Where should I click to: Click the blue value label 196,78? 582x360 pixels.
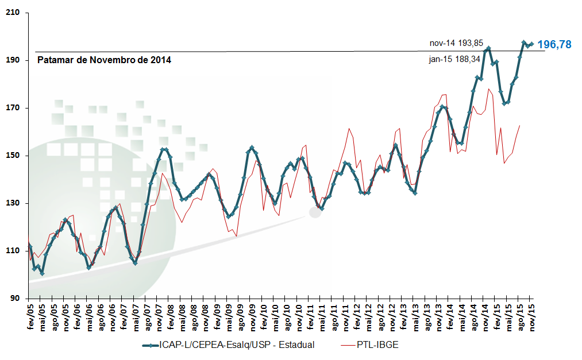pyautogui.click(x=555, y=44)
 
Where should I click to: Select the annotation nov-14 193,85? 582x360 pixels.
pyautogui.click(x=456, y=43)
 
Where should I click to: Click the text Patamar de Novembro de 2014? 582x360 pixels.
pyautogui.click(x=104, y=60)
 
